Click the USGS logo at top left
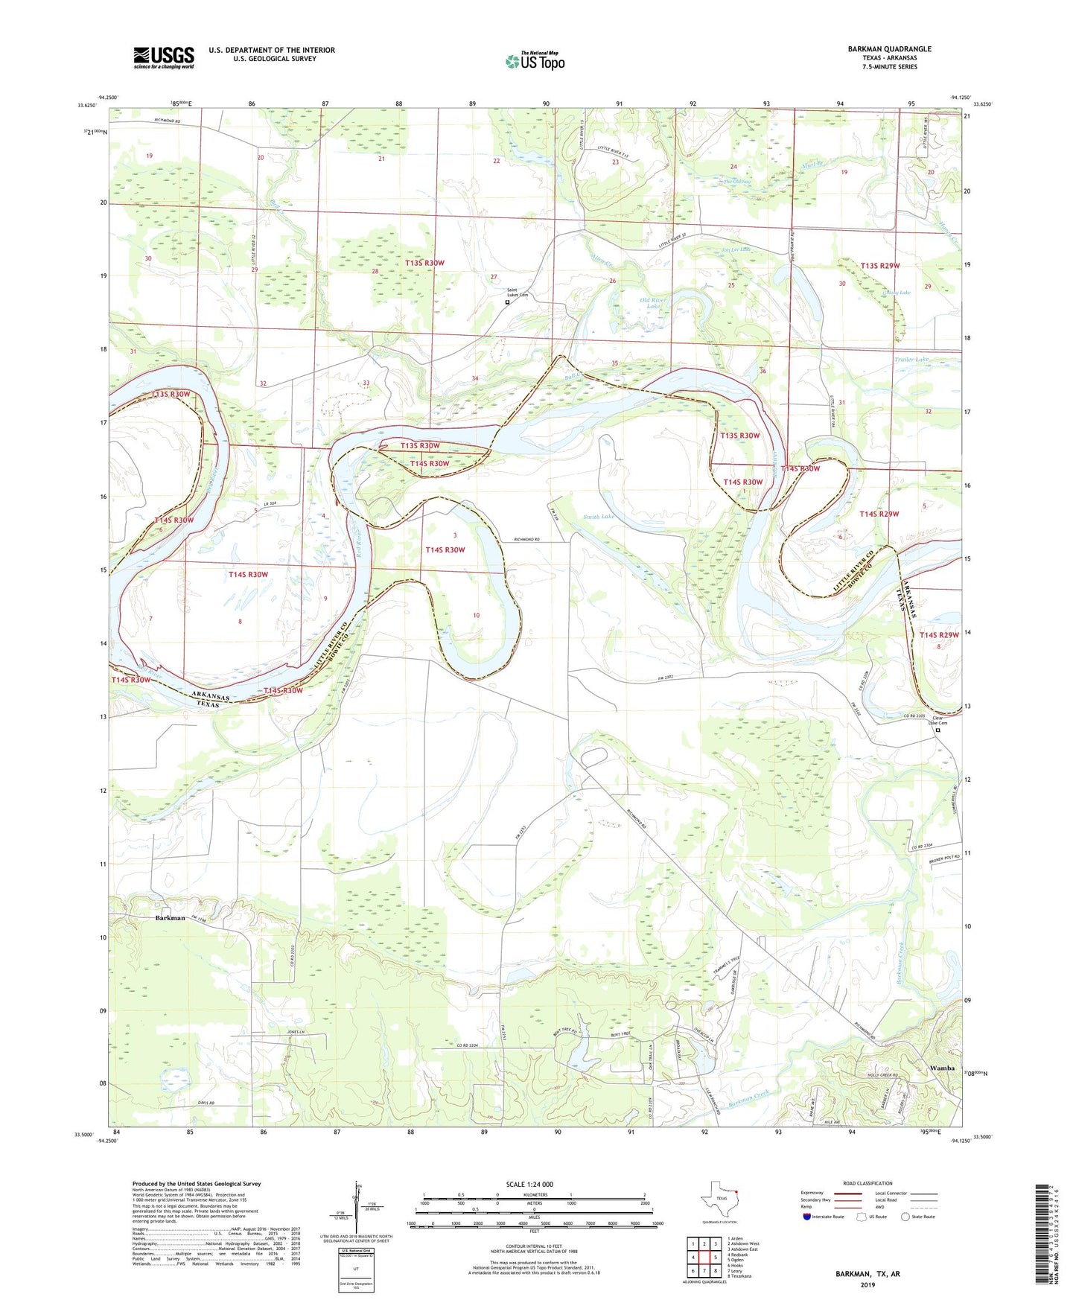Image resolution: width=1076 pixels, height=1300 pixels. pos(164,57)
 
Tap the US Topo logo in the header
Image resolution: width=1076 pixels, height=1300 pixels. pos(535,61)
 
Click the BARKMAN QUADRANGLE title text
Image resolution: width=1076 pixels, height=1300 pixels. pos(889,49)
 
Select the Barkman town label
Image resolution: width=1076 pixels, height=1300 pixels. pos(170,918)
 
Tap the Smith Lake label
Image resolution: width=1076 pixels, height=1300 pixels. pos(599,516)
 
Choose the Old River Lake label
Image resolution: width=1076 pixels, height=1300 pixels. pos(653,303)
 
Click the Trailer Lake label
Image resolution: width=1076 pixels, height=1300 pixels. pos(912,360)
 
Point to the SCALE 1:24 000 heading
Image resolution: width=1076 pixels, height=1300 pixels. pos(529,1184)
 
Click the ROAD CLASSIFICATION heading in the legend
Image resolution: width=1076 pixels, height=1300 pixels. pos(868,1183)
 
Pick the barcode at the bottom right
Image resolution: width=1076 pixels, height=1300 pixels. pos(1040,1237)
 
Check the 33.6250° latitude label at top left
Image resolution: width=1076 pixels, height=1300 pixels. pos(86,105)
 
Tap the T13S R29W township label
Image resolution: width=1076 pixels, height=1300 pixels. pos(880,266)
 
